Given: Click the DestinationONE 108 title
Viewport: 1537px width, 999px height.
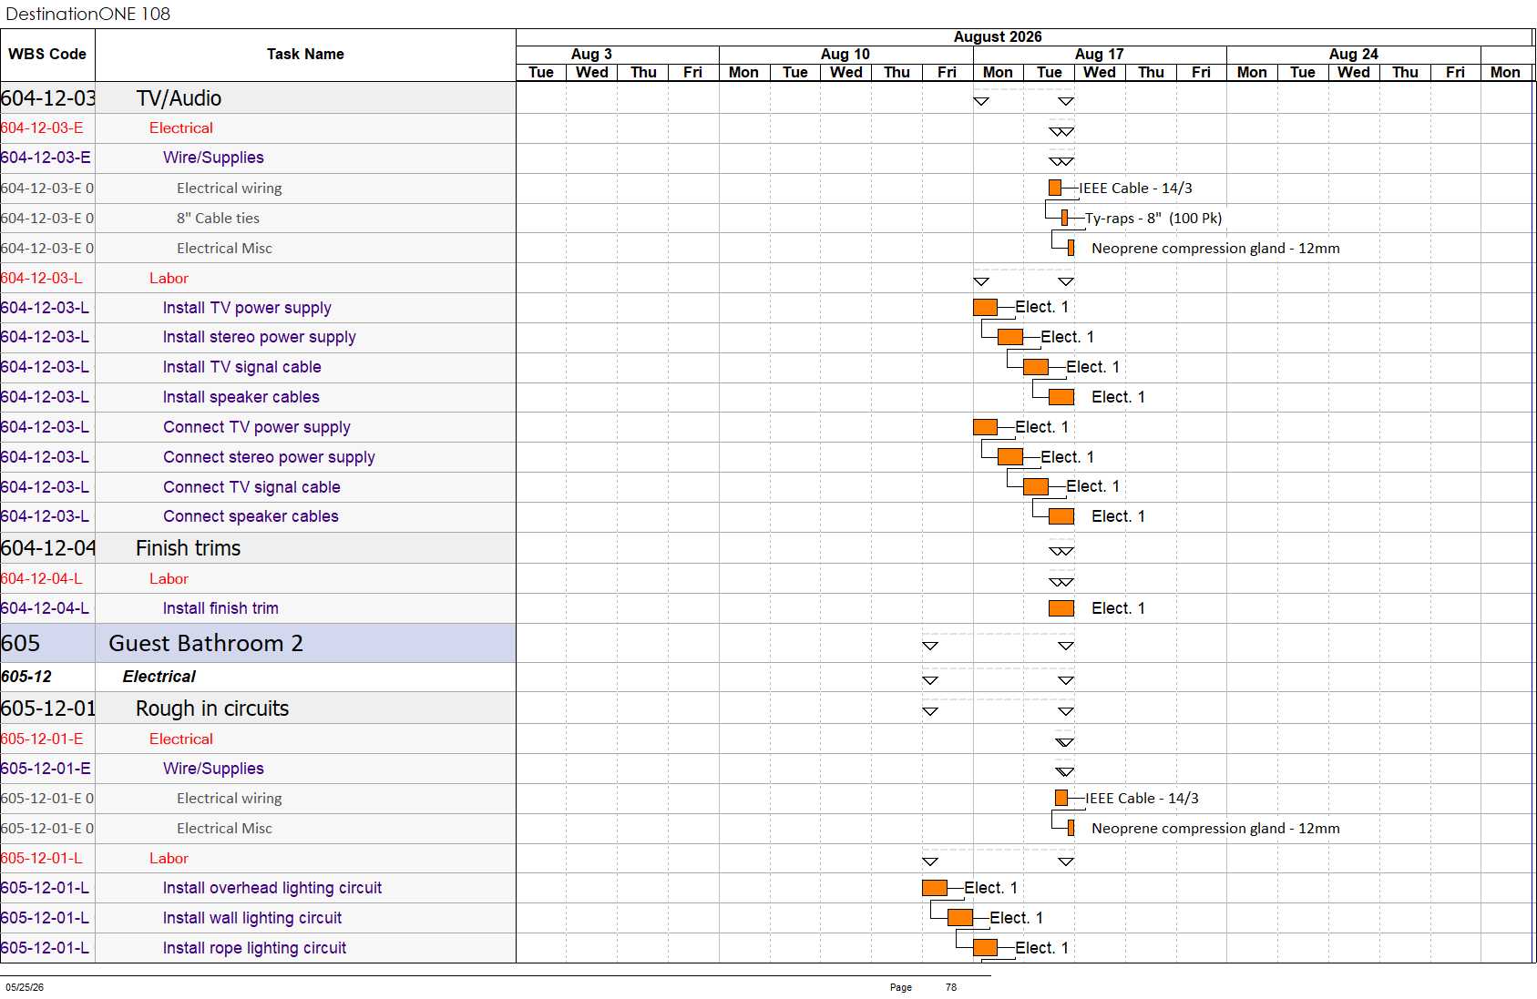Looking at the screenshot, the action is [x=87, y=14].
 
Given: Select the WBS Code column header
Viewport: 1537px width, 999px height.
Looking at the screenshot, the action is [x=47, y=54].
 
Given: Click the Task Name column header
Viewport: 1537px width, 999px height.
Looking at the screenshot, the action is [x=305, y=54].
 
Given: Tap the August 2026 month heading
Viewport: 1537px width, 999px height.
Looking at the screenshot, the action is [x=997, y=37].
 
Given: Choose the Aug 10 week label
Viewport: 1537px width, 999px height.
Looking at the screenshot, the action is [x=845, y=54].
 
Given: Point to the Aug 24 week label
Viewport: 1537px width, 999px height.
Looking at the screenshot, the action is [x=1353, y=54].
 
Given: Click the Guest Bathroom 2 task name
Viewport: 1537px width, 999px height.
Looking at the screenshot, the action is [x=206, y=643].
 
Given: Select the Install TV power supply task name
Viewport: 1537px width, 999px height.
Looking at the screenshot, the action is [x=247, y=308].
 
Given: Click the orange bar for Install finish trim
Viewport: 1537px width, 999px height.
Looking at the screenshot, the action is [x=1061, y=608].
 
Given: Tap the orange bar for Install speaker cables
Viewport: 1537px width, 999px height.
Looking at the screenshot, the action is [x=1061, y=397].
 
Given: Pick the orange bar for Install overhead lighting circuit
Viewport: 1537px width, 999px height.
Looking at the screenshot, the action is [x=935, y=888].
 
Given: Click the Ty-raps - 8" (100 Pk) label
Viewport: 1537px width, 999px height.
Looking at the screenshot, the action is [x=1153, y=218].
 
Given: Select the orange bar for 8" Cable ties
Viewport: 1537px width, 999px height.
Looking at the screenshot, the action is [x=1064, y=218].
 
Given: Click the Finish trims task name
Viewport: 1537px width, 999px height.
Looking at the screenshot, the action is [x=188, y=548].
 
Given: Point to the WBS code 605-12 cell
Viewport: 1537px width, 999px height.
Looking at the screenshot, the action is [x=26, y=677].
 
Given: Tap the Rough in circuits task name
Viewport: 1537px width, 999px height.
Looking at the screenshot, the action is [x=212, y=708].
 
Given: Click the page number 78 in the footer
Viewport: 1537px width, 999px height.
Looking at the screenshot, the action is [x=951, y=987].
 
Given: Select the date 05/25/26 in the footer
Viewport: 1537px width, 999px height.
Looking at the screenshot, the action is [x=25, y=987].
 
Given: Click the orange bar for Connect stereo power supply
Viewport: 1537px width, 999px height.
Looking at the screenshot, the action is [x=1010, y=456].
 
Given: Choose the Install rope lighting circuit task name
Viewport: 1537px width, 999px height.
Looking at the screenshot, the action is [x=254, y=948].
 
